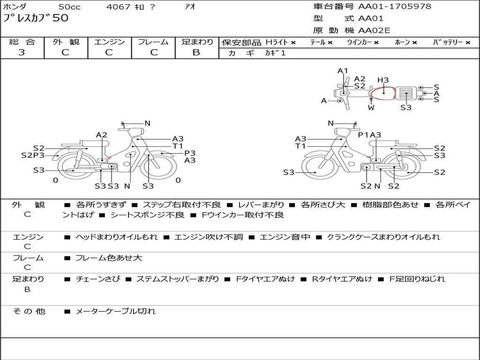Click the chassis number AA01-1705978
tap(395, 6)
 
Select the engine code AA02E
tap(374, 30)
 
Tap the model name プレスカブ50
tap(36, 18)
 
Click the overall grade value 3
tap(22, 52)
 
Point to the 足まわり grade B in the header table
tap(196, 52)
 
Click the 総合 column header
tap(22, 42)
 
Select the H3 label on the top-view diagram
tap(382, 80)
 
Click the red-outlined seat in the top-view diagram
tap(382, 93)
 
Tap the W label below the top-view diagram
tap(371, 107)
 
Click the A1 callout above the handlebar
tap(343, 71)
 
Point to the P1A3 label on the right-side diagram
tap(369, 135)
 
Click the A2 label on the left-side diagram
tap(102, 135)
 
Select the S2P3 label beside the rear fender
tap(33, 155)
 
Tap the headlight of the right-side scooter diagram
tap(343, 132)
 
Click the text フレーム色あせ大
tap(109, 258)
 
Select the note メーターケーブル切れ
tap(115, 311)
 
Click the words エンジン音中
tap(285, 237)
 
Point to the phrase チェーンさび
tap(98, 279)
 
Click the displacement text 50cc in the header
tap(69, 7)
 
